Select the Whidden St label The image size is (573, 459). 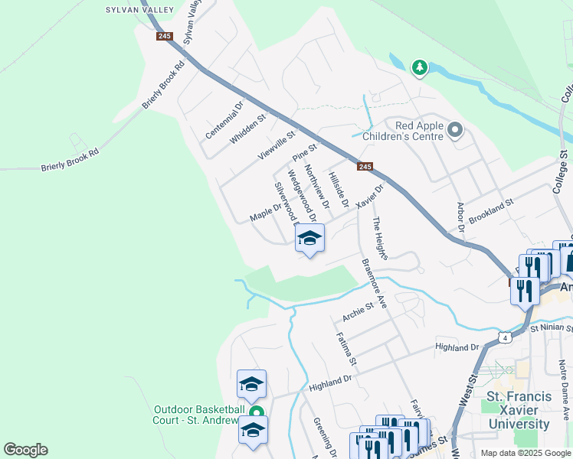tap(247, 129)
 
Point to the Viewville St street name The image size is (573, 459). tap(277, 145)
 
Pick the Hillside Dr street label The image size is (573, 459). tap(338, 190)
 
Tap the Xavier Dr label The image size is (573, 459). tap(368, 194)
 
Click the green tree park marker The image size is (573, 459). tap(419, 68)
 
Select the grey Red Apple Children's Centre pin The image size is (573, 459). tap(455, 130)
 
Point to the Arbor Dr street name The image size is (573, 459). tap(460, 216)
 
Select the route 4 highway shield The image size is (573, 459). tap(503, 337)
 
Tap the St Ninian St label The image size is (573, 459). tap(551, 328)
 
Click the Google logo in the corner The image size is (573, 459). tap(25, 450)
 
